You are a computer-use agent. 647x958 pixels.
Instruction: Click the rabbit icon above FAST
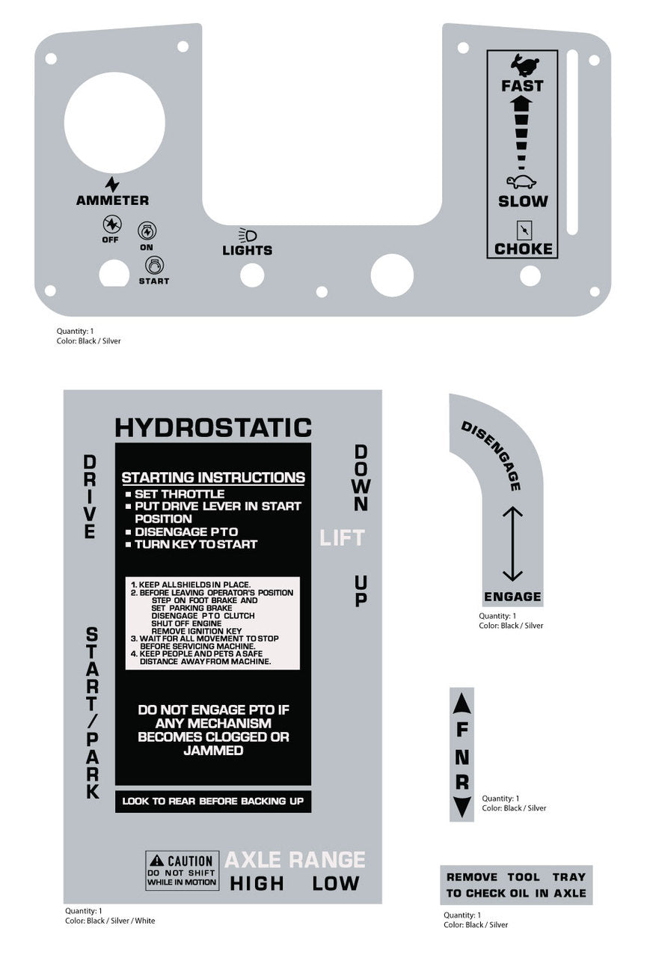pos(524,64)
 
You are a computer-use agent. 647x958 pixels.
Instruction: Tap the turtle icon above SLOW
pos(521,182)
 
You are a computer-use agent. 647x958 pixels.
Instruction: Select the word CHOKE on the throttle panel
pos(523,249)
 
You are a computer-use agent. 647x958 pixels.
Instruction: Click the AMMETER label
pos(112,200)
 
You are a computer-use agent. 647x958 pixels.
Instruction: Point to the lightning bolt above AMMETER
pos(112,185)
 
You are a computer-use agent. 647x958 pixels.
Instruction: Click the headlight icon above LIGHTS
pos(248,235)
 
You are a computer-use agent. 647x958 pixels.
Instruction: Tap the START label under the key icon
pos(154,281)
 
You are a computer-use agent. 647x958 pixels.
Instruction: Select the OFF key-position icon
pos(112,224)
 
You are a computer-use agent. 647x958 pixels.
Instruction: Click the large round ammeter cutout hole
pos(114,122)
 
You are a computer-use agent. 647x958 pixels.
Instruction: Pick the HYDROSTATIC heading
pos(213,427)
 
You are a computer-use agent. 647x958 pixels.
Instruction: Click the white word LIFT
pos(342,538)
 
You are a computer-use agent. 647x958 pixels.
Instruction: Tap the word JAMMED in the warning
pos(213,750)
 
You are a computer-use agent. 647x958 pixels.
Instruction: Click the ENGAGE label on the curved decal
pos(512,597)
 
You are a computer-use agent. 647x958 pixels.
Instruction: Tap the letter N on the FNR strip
pos(462,757)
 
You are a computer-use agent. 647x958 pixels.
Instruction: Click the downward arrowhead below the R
pos(462,808)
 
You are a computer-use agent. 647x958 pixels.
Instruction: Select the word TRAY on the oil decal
pos(568,876)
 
